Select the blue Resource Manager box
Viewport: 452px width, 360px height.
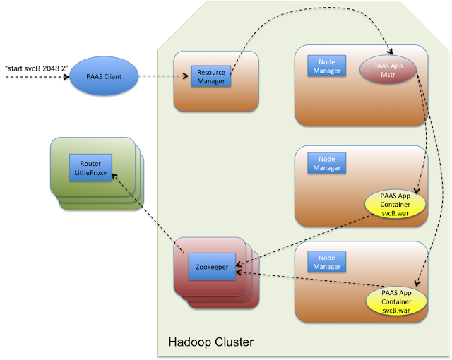(210, 76)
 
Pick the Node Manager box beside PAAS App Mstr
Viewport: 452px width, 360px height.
(326, 66)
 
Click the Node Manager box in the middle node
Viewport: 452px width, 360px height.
(326, 164)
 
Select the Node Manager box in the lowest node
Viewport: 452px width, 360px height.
(326, 262)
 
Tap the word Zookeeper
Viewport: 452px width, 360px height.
(211, 267)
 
